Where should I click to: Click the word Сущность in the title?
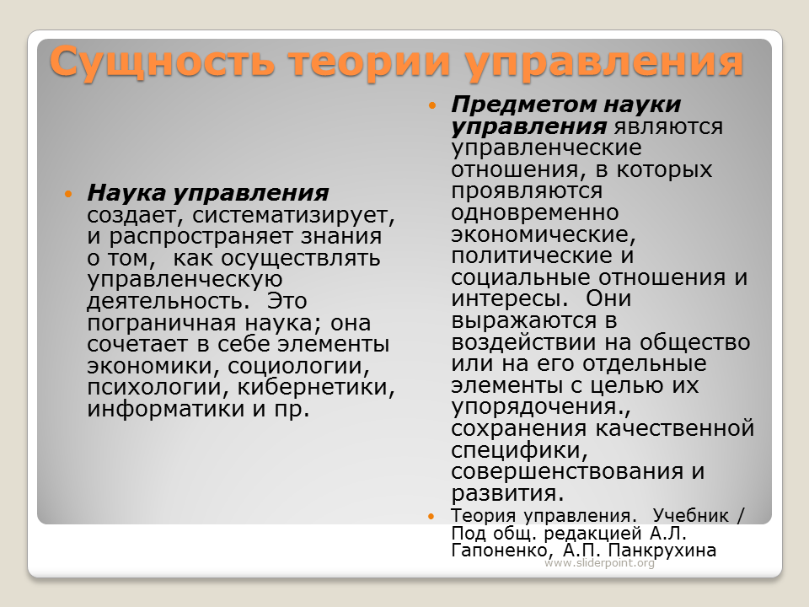point(162,62)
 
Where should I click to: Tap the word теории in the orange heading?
point(369,62)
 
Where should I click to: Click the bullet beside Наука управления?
point(68,194)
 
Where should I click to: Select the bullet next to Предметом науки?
point(432,106)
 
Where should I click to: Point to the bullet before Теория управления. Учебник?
point(431,516)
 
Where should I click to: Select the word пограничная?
point(162,324)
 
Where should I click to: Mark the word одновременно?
point(535,212)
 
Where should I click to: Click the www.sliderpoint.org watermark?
point(599,562)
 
